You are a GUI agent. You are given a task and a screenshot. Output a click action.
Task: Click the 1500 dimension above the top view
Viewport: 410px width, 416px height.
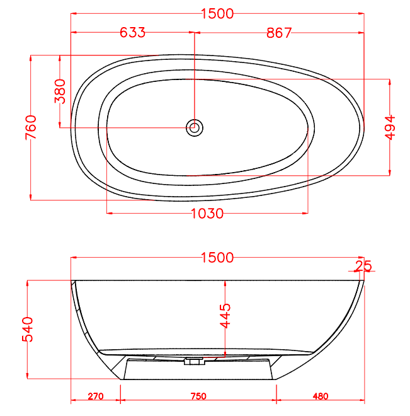click(217, 13)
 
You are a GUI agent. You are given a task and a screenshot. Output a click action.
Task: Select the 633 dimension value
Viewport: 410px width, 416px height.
click(132, 33)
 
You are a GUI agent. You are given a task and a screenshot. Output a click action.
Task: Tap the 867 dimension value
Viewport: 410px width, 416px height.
click(279, 33)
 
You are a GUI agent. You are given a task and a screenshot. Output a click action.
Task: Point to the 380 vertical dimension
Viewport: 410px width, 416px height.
click(60, 91)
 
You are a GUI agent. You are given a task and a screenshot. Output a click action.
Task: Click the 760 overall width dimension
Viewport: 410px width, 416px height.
click(31, 128)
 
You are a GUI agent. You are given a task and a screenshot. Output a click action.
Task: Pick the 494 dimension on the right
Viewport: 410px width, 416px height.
click(390, 128)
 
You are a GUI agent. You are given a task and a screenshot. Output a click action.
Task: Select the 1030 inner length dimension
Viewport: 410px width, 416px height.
click(207, 214)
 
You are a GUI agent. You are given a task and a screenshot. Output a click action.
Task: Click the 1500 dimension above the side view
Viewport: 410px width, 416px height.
click(217, 258)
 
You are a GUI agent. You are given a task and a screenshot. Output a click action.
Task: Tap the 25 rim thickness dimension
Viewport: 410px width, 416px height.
click(363, 266)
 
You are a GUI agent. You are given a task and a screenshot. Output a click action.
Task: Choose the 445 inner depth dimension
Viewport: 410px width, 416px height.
click(225, 316)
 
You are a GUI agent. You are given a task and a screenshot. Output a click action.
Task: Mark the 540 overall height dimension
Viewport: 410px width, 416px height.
click(28, 329)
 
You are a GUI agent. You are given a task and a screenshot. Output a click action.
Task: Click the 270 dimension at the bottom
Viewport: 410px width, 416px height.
click(95, 396)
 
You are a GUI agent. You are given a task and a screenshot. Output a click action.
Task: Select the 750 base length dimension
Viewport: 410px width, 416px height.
click(198, 396)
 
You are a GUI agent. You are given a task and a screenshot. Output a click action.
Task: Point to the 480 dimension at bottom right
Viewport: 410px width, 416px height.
click(320, 396)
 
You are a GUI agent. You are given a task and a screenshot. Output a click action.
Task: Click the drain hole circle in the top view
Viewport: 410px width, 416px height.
click(195, 128)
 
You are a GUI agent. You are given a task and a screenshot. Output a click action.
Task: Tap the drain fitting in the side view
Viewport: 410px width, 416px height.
click(193, 362)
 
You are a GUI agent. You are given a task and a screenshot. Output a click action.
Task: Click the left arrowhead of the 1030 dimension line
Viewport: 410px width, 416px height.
click(110, 214)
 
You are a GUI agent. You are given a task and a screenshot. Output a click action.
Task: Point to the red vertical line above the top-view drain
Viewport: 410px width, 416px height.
click(195, 76)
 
